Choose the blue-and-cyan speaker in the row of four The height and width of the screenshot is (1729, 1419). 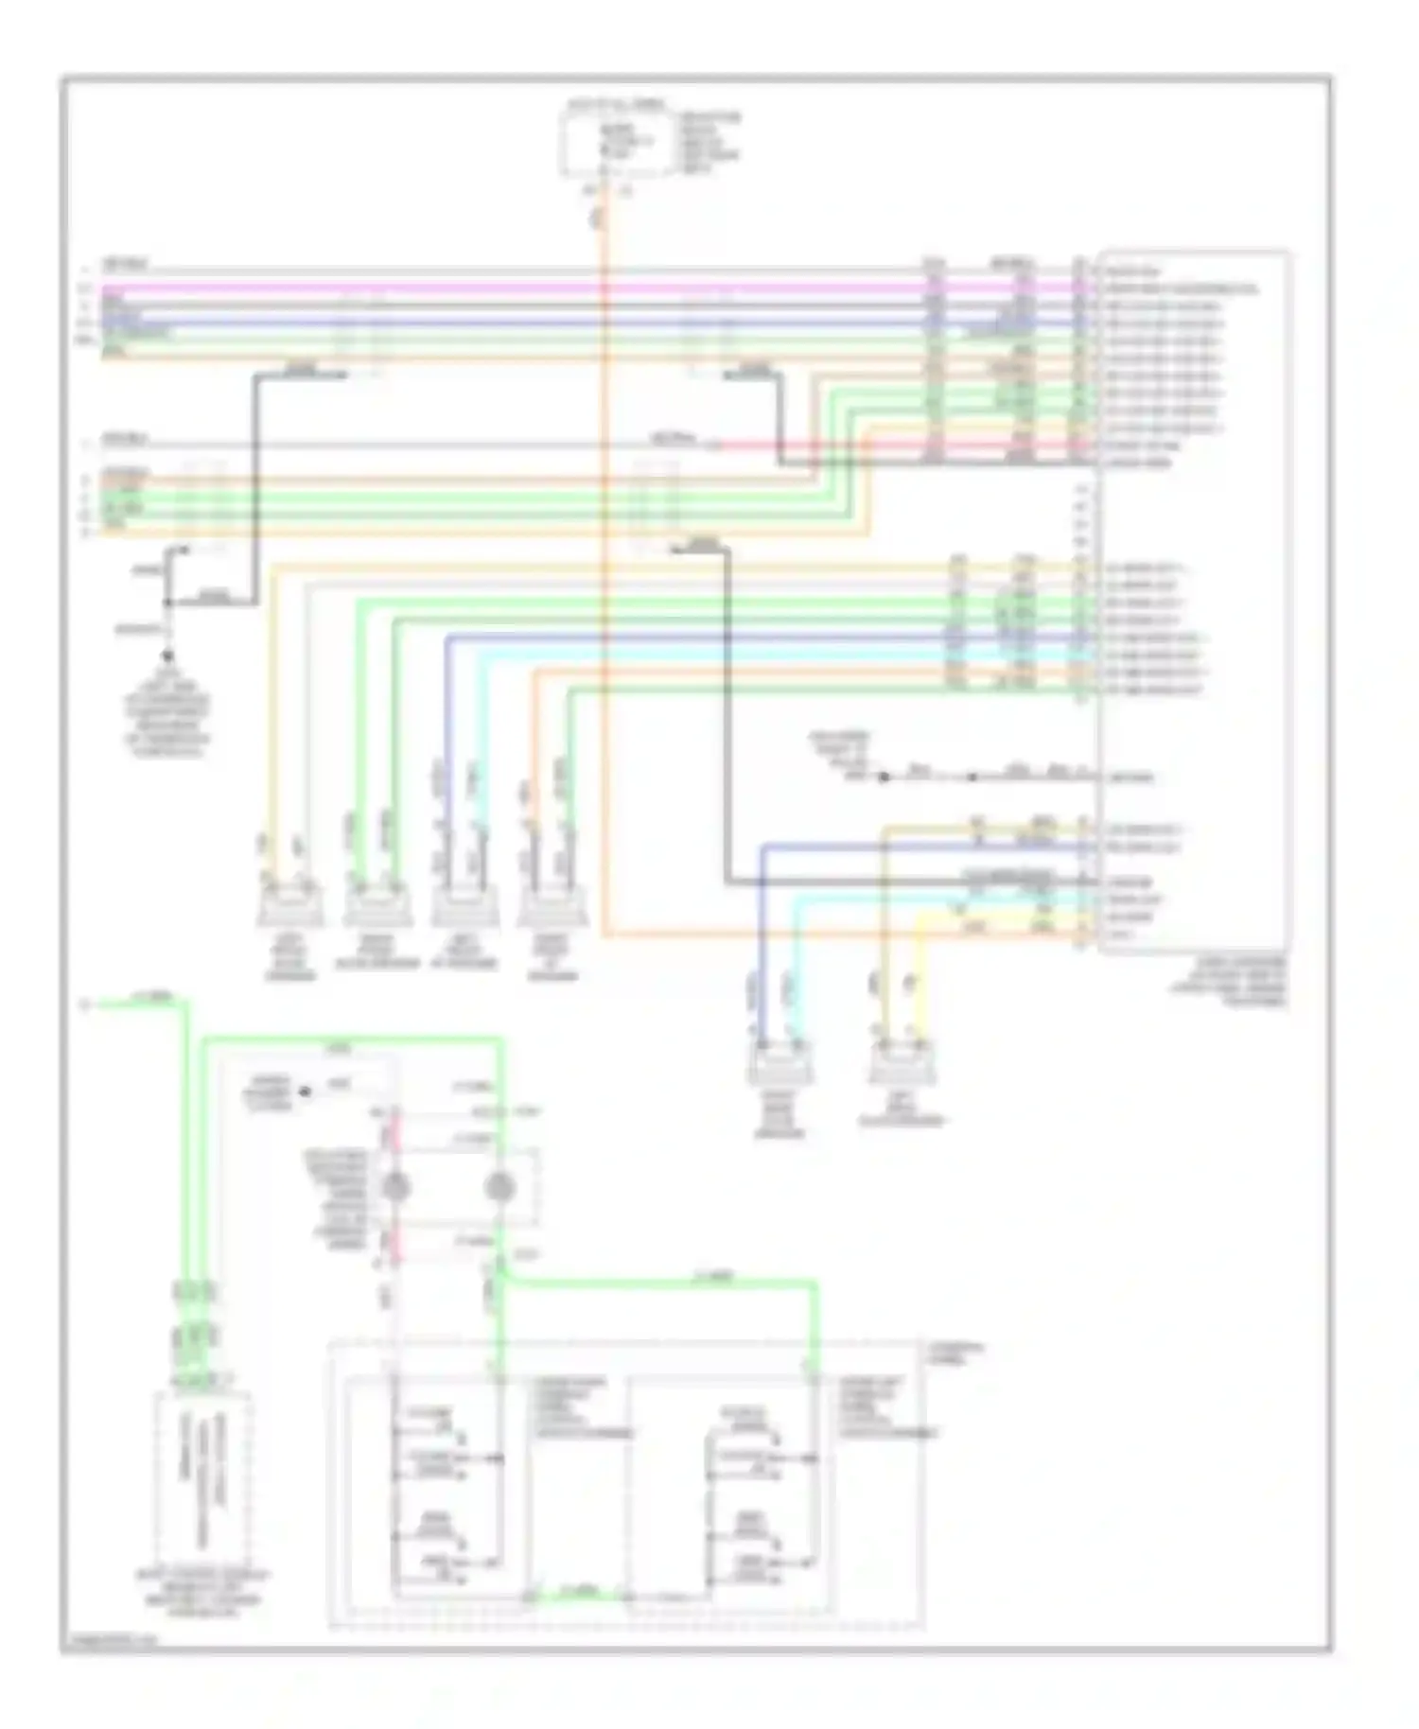tap(463, 906)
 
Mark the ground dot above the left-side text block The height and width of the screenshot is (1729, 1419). tap(168, 655)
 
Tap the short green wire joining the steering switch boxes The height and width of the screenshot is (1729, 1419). tap(577, 1593)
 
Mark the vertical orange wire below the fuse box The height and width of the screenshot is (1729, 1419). tap(603, 568)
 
